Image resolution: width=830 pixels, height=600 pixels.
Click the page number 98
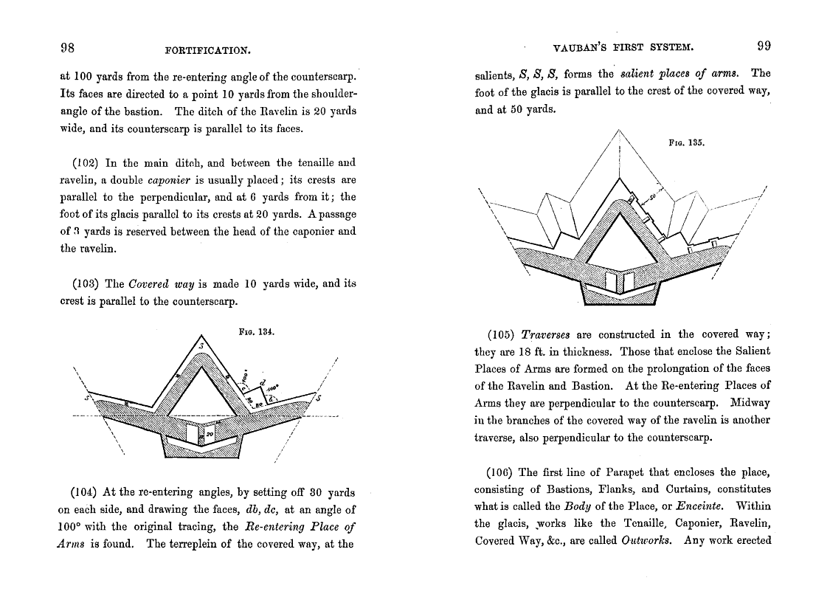(67, 48)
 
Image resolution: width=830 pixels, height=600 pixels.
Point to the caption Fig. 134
(257, 332)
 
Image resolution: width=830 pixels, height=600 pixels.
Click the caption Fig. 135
(686, 143)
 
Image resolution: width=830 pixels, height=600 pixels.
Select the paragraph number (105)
(502, 334)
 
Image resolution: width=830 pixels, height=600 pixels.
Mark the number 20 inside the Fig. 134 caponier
(210, 435)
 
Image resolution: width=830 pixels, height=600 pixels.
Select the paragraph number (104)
(85, 492)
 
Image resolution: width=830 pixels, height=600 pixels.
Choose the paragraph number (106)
(502, 472)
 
